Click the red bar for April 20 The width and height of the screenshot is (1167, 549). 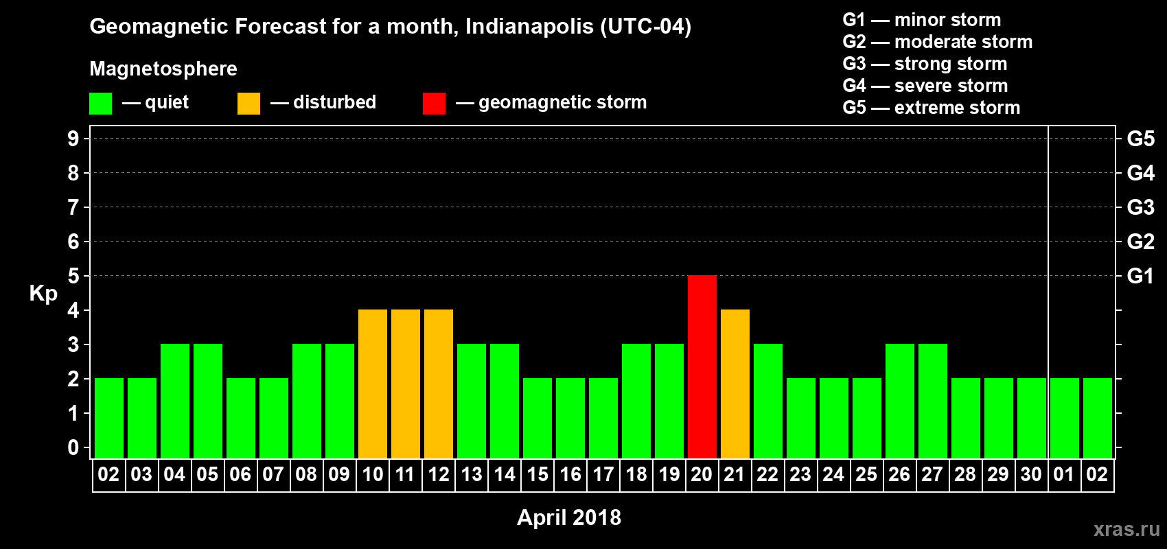[702, 366]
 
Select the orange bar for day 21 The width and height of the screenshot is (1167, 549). [735, 384]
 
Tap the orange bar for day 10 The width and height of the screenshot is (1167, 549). [372, 384]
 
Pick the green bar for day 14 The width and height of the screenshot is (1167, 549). [504, 401]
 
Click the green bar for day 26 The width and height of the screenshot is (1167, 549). [899, 401]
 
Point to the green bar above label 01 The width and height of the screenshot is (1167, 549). [1064, 418]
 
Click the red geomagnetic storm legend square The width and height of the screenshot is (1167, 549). [434, 104]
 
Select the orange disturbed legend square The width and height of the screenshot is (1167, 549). [249, 104]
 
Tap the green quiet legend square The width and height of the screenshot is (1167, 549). [100, 104]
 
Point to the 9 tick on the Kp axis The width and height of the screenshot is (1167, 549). [73, 139]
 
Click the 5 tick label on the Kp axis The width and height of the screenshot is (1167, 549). [73, 276]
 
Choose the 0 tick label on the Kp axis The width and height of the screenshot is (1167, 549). [73, 447]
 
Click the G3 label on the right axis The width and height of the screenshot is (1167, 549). [1140, 207]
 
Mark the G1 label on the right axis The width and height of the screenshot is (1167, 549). [1140, 276]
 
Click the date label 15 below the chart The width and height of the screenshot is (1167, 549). [537, 474]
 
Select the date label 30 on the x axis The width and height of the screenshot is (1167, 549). [1031, 474]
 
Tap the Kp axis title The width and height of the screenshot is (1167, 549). [43, 293]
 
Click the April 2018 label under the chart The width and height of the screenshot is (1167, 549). [568, 517]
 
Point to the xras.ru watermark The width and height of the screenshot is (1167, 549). [1126, 528]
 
